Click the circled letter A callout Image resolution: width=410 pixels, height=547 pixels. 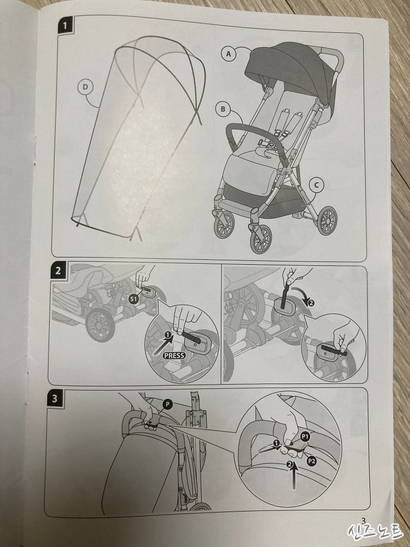(x=229, y=54)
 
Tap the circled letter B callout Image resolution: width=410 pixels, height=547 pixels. (x=223, y=109)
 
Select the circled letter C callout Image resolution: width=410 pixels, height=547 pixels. (x=316, y=185)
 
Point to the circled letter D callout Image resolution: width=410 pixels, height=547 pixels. (x=85, y=87)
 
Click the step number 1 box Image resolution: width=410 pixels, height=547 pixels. (x=65, y=26)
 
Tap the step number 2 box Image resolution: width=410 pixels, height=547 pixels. (x=58, y=270)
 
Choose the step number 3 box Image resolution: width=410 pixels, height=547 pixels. (x=55, y=398)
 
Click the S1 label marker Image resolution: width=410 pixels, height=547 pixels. (x=133, y=299)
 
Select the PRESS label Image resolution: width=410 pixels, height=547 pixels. (x=174, y=356)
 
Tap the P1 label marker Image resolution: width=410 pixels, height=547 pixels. (x=306, y=437)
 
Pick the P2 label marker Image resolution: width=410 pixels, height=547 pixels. (x=312, y=461)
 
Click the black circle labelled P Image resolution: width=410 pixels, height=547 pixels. (x=167, y=404)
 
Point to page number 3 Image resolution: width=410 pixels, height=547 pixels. (x=364, y=521)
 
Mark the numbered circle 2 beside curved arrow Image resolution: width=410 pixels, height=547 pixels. (x=311, y=303)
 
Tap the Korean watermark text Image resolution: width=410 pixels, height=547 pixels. (x=376, y=532)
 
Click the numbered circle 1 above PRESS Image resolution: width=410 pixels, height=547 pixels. (x=168, y=335)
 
